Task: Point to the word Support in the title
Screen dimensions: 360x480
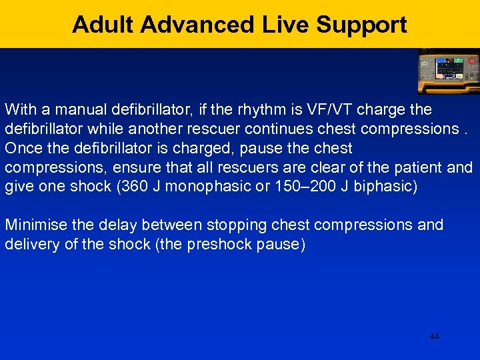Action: [x=361, y=25]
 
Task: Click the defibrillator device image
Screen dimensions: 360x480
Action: [x=448, y=71]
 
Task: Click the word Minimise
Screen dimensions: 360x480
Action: [x=34, y=225]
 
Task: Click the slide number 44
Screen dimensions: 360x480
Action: [x=434, y=337]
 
